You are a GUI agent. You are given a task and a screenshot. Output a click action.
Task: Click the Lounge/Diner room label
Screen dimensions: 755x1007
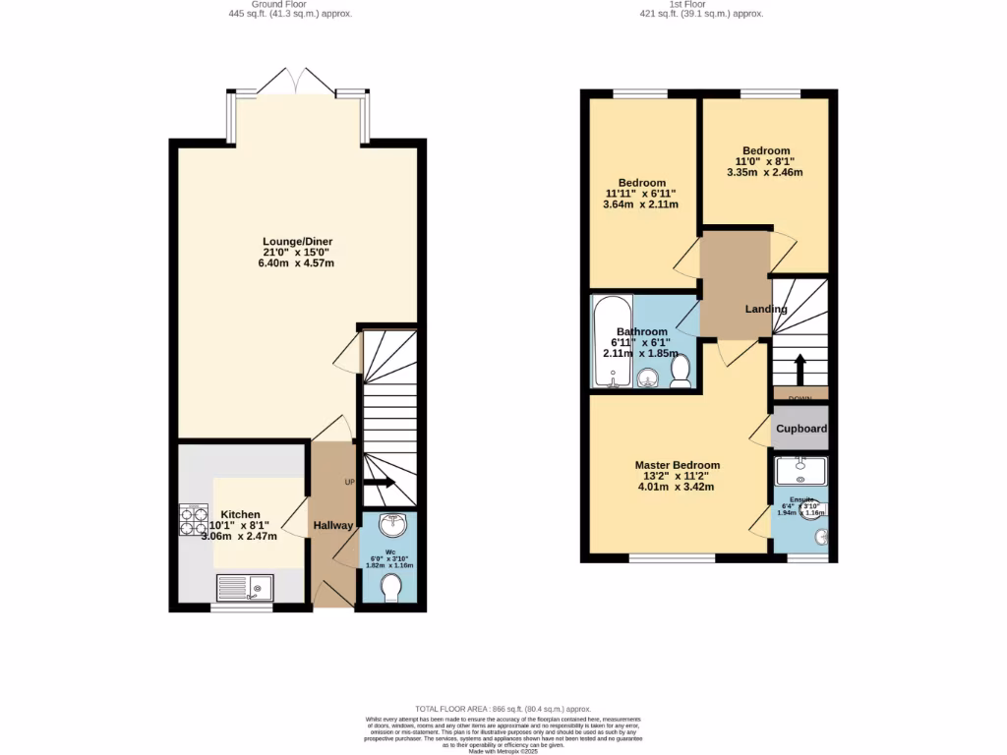pos(297,242)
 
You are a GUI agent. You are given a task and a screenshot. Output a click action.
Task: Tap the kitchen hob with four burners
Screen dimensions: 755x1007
pos(194,520)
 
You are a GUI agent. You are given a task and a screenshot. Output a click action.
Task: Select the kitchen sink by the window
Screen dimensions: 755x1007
pos(247,589)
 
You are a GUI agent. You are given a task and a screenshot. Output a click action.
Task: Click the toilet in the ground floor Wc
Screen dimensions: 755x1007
pos(389,589)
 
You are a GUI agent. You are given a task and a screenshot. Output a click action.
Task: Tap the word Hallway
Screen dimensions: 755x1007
pos(333,526)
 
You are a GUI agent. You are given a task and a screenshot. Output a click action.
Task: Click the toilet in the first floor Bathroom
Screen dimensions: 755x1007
pos(680,371)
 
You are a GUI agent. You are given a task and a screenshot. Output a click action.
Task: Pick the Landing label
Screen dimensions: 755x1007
pos(766,309)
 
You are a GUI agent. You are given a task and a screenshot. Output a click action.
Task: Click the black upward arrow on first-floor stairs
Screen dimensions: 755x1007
pos(799,369)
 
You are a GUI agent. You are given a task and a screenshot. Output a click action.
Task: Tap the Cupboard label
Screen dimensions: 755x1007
pos(801,430)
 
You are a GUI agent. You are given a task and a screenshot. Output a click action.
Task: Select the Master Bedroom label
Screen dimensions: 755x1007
pos(677,465)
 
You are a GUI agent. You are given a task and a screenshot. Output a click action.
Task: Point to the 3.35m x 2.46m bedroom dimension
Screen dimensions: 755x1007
pos(765,172)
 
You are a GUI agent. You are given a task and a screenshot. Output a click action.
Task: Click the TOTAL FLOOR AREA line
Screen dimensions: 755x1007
pos(503,709)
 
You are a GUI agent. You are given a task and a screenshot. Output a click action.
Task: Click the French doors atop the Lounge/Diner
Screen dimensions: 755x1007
pos(299,81)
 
